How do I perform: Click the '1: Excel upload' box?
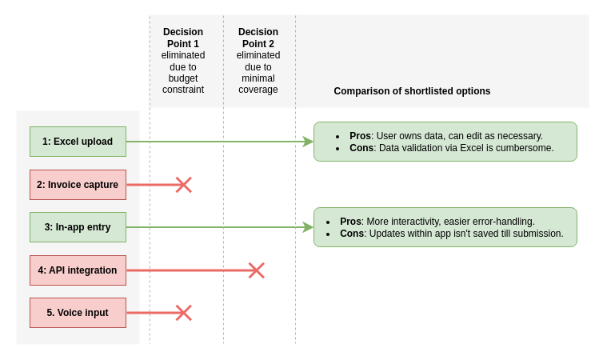[78, 142]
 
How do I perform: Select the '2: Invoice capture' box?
[78, 185]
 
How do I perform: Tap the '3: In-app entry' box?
[78, 227]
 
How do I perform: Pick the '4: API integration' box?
[78, 270]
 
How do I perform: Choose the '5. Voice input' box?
[78, 313]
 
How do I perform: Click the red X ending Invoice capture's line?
[184, 185]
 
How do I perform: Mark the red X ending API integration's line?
[256, 270]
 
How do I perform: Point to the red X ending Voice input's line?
[184, 313]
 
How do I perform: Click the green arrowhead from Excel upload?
[308, 142]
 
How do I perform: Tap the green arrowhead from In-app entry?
[308, 227]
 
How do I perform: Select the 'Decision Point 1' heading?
[183, 38]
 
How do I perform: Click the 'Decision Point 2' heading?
[258, 38]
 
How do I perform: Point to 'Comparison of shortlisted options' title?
[412, 91]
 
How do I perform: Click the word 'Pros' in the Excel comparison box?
[360, 136]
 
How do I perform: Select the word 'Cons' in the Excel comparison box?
[361, 148]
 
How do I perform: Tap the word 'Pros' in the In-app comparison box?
[350, 222]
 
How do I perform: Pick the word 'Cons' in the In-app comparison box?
[352, 234]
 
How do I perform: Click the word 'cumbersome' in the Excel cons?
[524, 148]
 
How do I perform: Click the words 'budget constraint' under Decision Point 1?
[183, 84]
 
